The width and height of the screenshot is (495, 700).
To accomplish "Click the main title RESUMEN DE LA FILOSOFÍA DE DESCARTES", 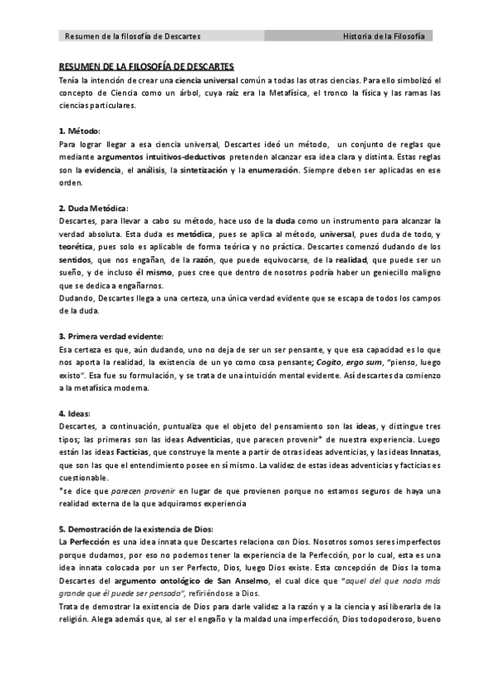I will [147, 66].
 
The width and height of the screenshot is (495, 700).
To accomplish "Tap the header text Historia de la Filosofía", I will [384, 36].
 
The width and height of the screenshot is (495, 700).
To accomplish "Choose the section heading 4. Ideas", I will [75, 413].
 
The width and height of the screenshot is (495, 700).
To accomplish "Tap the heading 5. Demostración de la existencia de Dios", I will [136, 528].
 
